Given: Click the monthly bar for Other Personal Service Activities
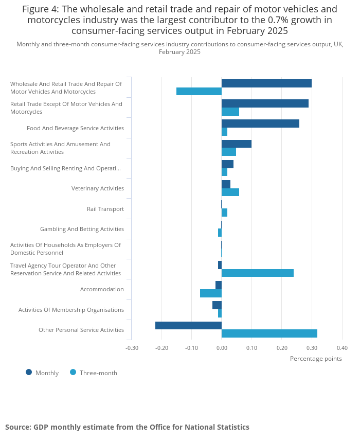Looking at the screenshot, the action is point(188,325).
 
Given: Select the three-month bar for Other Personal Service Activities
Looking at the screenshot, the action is point(269,333).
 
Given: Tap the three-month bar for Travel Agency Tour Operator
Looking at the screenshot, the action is point(258,273).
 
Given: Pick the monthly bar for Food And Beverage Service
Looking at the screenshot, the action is point(260,124).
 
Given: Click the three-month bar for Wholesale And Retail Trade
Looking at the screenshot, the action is point(199,92).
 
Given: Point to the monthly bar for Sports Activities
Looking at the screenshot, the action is point(237,144).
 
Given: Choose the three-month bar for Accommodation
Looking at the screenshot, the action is point(211,293).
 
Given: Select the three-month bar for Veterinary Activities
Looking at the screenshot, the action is point(230,192).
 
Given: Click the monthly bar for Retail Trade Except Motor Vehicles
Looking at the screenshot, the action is point(265,103).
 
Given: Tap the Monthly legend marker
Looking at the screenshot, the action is point(29,373).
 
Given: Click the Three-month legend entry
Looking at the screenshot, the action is point(94,373).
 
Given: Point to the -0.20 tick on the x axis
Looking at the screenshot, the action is point(161,348).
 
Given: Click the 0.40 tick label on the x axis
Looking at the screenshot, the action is point(342,348).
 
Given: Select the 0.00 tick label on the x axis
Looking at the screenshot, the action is point(222,348).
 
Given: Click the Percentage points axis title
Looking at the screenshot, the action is point(316,359).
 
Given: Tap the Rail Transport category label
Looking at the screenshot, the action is point(105,209).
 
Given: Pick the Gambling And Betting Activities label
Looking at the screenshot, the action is point(82,229).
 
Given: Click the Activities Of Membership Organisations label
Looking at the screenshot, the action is point(71,310).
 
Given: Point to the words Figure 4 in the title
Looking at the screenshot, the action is point(40,9).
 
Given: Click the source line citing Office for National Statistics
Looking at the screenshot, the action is point(127,427).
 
